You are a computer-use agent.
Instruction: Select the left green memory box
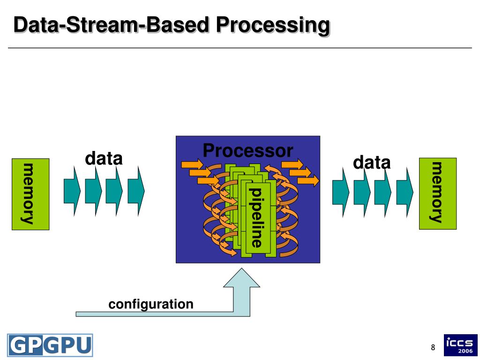click(x=30, y=194)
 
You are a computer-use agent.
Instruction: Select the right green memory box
click(x=437, y=193)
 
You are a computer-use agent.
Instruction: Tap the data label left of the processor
click(x=104, y=159)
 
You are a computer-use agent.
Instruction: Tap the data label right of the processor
click(x=372, y=163)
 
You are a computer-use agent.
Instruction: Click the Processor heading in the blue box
click(x=248, y=151)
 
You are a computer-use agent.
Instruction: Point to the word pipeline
click(x=256, y=217)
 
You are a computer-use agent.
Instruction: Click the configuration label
click(x=151, y=304)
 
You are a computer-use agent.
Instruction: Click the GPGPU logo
click(x=50, y=345)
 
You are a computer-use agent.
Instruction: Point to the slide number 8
click(x=433, y=347)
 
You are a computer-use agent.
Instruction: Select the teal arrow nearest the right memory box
click(x=405, y=192)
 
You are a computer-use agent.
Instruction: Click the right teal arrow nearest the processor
click(x=340, y=192)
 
